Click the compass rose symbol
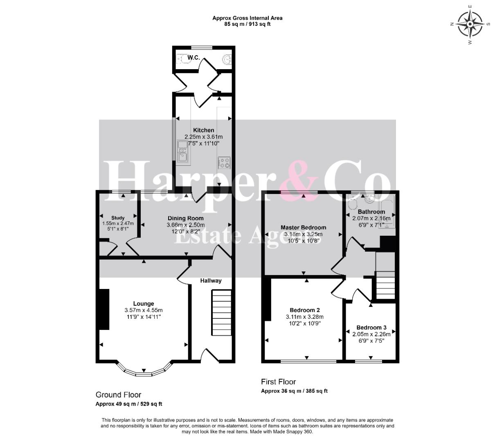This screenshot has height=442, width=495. (470, 24)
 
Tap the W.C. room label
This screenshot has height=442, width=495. (193, 58)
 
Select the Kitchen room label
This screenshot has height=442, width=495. (203, 130)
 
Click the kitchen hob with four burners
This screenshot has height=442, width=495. (224, 163)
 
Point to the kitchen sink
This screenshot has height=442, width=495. (182, 153)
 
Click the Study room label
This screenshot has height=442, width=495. (118, 218)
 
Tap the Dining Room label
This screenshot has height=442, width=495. (185, 218)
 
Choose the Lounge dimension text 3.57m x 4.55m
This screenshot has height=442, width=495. (144, 310)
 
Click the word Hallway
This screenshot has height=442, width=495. (211, 281)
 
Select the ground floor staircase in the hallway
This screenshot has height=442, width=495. (221, 312)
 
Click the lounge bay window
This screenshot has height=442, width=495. (144, 369)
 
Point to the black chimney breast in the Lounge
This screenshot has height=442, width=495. (104, 309)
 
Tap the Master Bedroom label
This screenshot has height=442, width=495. (303, 228)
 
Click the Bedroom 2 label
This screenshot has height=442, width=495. (305, 310)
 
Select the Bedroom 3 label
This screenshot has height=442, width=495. (371, 327)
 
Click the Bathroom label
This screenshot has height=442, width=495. (371, 212)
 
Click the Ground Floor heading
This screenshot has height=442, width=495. (118, 395)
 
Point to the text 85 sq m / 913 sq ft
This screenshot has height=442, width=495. (247, 24)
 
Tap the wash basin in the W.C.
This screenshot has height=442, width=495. (227, 59)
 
